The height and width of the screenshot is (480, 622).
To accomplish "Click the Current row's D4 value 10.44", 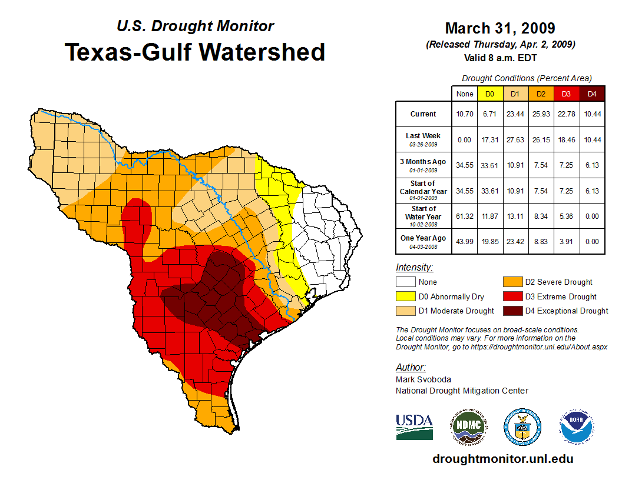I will [592, 114].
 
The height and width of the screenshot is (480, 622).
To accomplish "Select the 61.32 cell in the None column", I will [465, 216].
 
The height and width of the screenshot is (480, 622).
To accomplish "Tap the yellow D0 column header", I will [490, 94].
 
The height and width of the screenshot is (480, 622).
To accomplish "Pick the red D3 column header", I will [566, 94].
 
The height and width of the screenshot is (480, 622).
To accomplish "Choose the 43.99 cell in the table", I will [465, 241].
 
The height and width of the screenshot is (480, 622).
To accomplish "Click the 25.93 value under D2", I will [541, 114].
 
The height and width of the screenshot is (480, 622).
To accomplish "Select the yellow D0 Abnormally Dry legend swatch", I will [406, 296].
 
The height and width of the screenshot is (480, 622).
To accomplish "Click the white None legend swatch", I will [406, 282].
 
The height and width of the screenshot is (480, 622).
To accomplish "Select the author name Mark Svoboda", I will [424, 379].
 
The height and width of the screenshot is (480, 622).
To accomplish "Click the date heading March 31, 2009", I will [500, 28].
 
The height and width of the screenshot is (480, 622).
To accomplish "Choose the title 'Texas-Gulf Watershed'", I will [195, 52].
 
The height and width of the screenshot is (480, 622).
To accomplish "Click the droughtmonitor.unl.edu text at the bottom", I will [502, 459].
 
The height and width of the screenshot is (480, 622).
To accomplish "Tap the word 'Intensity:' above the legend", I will [414, 268].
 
